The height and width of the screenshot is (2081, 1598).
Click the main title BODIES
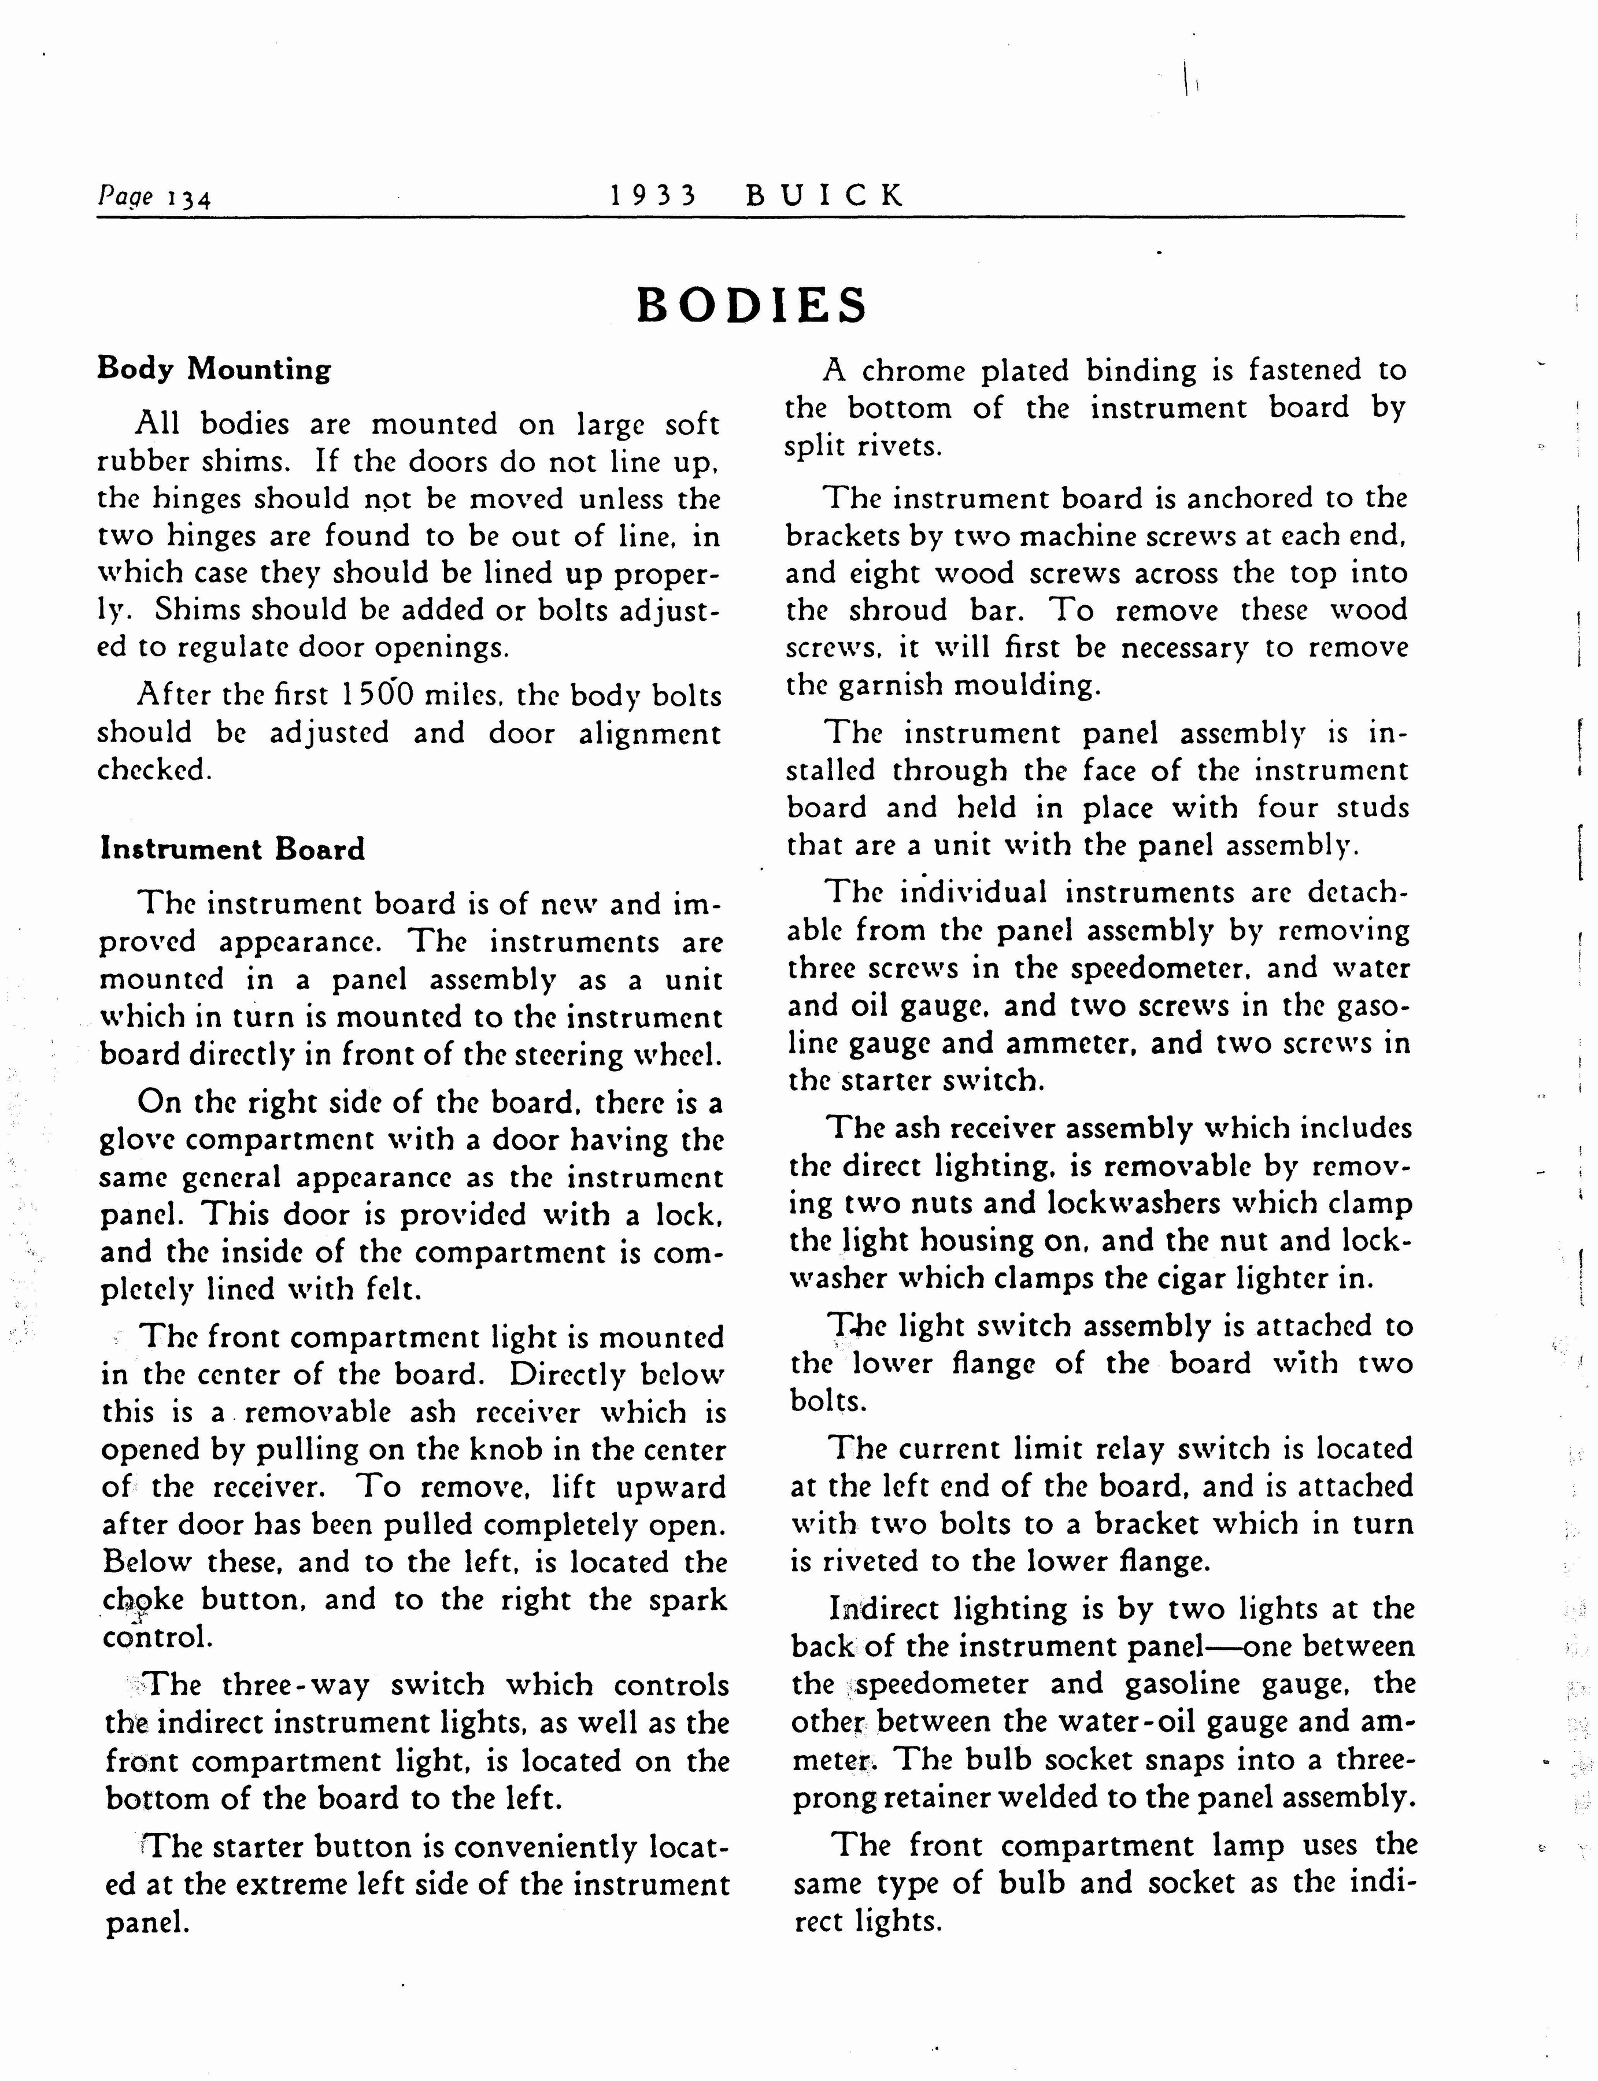click(x=752, y=305)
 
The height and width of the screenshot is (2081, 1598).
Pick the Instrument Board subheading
click(x=232, y=849)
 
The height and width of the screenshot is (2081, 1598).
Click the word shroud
click(x=898, y=610)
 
